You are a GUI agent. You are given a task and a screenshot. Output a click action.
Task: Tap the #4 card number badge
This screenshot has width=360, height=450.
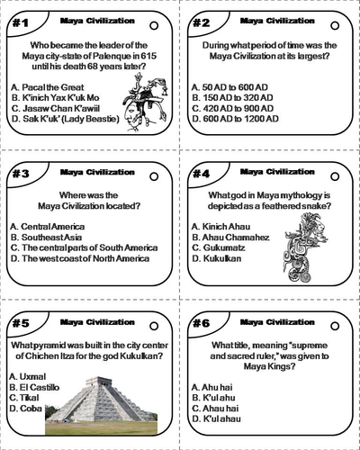(x=203, y=173)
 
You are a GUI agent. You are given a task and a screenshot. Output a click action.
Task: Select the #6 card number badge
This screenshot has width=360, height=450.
(x=203, y=323)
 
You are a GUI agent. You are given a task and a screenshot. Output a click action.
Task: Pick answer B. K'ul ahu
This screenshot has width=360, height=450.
(x=220, y=397)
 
